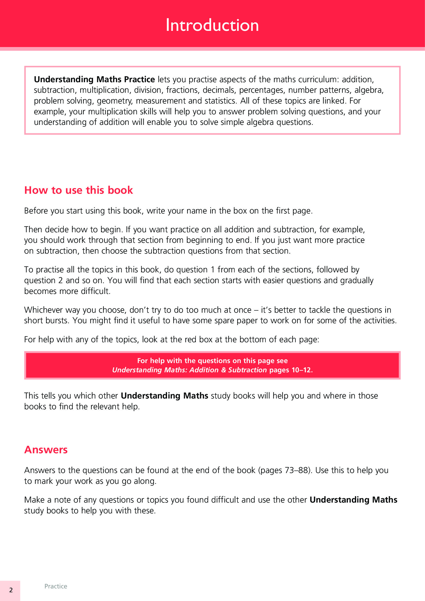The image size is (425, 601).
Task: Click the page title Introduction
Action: click(x=212, y=25)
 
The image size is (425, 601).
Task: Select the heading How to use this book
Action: click(x=79, y=190)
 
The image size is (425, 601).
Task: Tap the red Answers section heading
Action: click(x=46, y=450)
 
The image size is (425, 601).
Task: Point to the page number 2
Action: click(x=11, y=590)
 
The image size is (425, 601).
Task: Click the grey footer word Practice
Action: click(x=56, y=586)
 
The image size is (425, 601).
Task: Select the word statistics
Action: click(x=221, y=101)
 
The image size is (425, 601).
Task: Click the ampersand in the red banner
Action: click(x=223, y=370)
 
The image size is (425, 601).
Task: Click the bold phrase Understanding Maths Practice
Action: click(x=94, y=79)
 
